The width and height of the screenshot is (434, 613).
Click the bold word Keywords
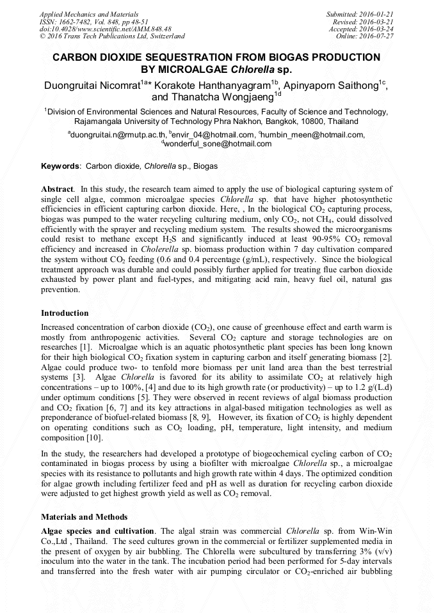pos(60,166)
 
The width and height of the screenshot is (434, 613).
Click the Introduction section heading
pos(65,313)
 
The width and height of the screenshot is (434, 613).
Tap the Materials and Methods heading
pos(84,516)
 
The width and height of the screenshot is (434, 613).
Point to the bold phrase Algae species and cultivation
pos(97,531)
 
